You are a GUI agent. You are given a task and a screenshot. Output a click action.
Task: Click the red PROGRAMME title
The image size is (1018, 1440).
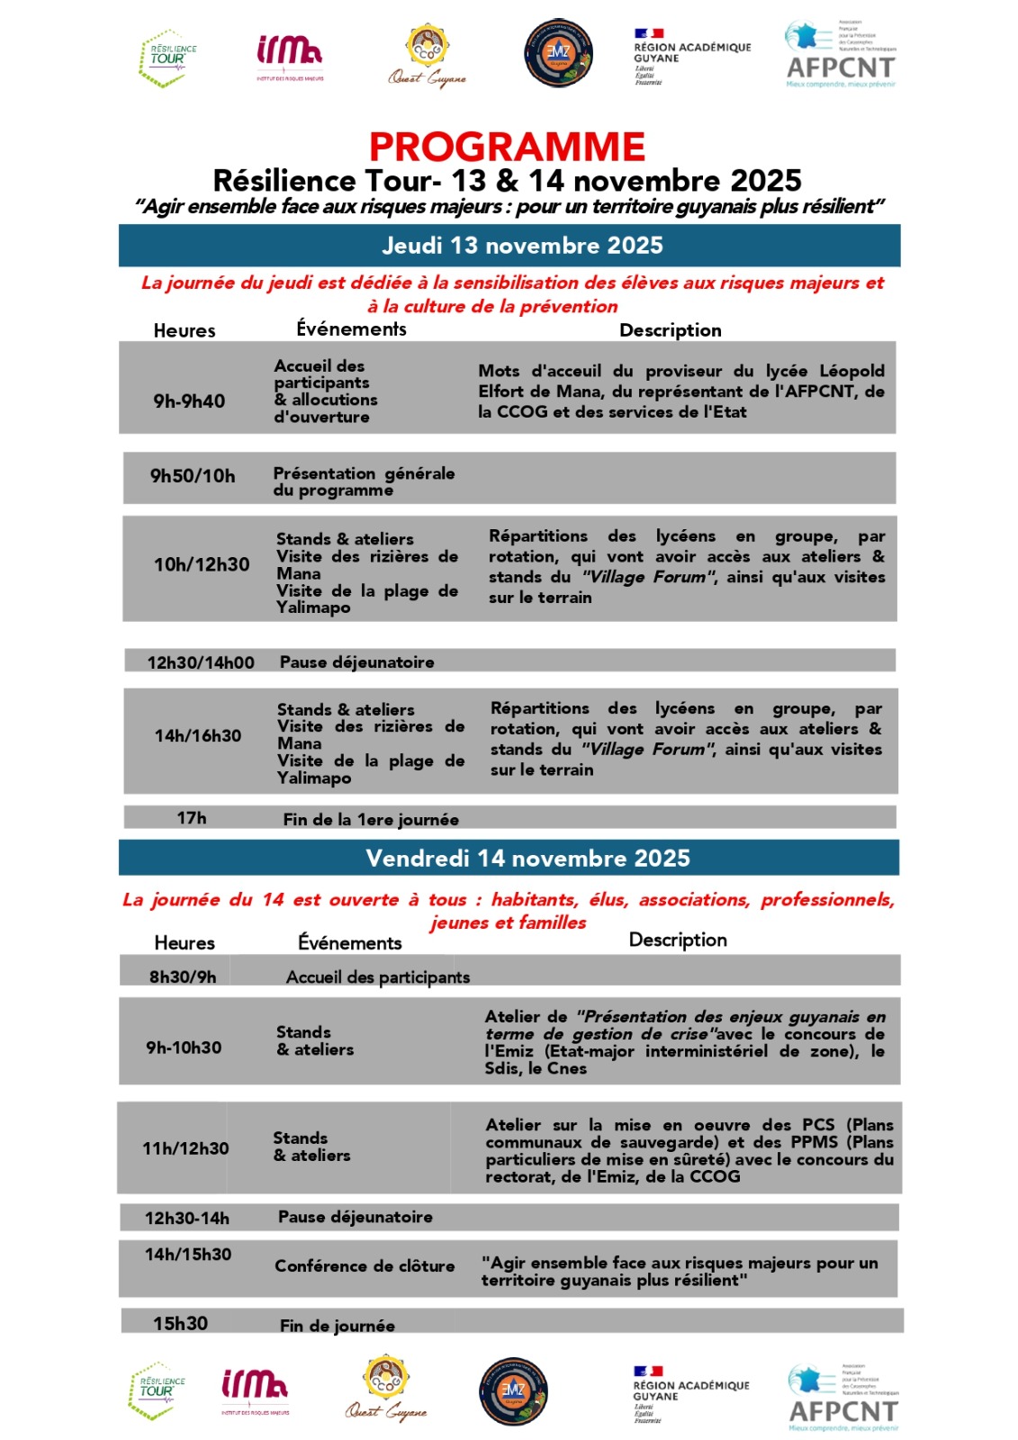click(x=507, y=147)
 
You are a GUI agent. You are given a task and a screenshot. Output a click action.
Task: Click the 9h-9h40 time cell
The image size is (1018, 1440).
click(x=189, y=401)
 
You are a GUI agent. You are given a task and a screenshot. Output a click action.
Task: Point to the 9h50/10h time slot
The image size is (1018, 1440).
click(x=193, y=476)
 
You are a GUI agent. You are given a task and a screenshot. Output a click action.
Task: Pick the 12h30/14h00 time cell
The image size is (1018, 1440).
click(x=201, y=663)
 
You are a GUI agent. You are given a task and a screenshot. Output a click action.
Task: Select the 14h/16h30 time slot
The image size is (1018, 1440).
click(x=198, y=736)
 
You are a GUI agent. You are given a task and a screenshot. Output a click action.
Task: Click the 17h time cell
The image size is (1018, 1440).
click(x=192, y=818)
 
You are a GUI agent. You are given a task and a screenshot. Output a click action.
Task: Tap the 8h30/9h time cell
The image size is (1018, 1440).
click(x=183, y=977)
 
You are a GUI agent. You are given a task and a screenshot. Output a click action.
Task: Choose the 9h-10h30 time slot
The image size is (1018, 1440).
click(x=184, y=1048)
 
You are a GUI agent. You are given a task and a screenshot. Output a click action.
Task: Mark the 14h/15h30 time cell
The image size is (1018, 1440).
click(x=188, y=1255)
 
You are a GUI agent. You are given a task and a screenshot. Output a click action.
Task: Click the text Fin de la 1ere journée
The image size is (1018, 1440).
click(x=371, y=820)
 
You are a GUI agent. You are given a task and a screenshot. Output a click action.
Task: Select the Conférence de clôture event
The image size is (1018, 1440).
click(x=365, y=1266)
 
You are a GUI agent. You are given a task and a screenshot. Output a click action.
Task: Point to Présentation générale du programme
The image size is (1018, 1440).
click(x=364, y=481)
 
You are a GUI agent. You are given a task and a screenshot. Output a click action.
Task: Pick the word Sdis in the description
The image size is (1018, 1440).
click(x=501, y=1069)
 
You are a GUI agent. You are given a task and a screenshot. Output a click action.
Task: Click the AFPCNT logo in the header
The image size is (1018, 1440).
click(x=841, y=56)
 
